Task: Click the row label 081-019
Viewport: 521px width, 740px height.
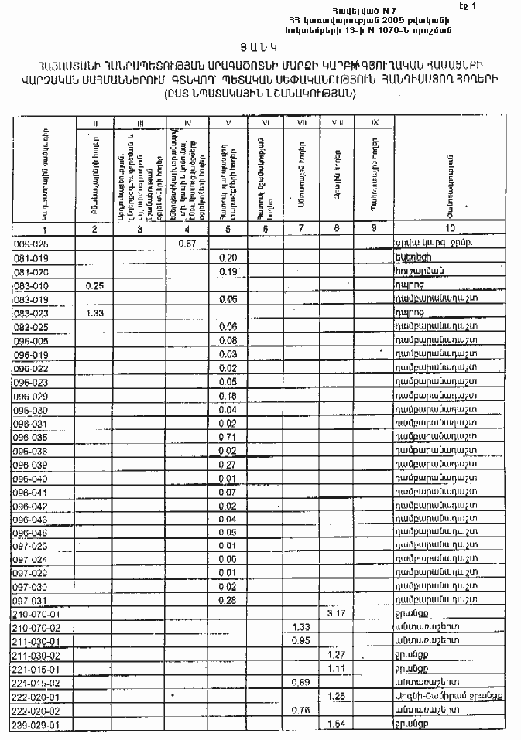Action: [31, 257]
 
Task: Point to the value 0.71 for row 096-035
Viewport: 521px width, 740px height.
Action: [228, 437]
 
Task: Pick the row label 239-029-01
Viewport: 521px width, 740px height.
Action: [37, 725]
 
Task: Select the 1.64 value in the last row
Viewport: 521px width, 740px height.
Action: [336, 725]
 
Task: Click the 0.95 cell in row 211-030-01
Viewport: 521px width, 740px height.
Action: [298, 640]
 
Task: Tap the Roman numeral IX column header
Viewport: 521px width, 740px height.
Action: [374, 123]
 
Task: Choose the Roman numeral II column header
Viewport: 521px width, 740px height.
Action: [94, 123]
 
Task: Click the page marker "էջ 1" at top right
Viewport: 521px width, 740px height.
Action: [507, 6]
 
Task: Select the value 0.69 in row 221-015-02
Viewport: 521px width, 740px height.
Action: [298, 682]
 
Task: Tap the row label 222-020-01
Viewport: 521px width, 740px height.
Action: [37, 696]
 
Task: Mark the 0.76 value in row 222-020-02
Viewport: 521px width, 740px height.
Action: [298, 710]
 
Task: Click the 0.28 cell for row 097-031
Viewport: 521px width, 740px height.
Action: [228, 599]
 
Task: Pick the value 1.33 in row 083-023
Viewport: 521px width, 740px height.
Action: [95, 314]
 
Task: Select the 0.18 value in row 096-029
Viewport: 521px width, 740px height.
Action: [228, 395]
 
